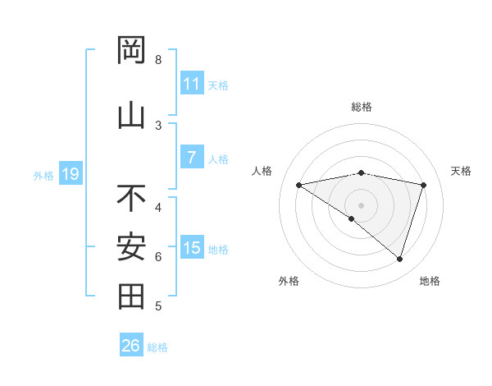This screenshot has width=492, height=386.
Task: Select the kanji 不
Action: coord(131,198)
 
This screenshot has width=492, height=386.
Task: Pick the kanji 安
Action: coord(131,246)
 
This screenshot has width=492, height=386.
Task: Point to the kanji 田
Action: coord(131,296)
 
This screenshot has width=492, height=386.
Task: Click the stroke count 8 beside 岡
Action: coord(158,60)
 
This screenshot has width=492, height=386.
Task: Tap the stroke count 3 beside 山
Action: coord(158,126)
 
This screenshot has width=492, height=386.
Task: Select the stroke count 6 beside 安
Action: coord(158,257)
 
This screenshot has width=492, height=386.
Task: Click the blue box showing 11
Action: coord(191,83)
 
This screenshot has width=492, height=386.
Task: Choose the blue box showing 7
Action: coord(191,157)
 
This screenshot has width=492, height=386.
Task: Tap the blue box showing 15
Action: coord(191,247)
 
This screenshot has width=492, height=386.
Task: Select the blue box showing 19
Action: coord(70,173)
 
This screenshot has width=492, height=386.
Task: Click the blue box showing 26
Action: coord(130,346)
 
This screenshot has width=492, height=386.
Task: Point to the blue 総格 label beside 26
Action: coord(158,347)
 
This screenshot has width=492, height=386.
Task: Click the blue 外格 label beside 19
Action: coord(43,175)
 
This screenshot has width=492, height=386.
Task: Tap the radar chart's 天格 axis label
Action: coord(462,171)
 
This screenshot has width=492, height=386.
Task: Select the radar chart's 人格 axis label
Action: coord(262,171)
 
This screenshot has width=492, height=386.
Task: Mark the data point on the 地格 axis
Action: coord(399,259)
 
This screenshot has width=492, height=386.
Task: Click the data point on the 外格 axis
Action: coord(352,218)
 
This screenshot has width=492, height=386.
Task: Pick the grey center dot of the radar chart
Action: coord(361,204)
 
